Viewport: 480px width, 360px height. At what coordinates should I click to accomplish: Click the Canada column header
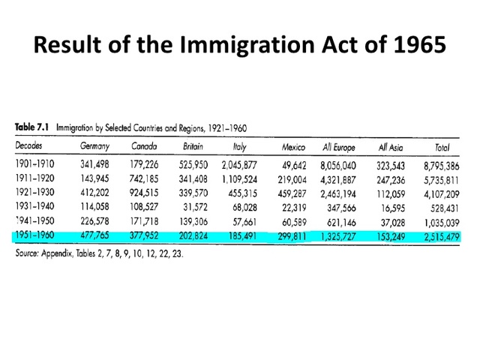pos(144,146)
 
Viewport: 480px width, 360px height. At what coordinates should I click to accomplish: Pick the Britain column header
pos(193,146)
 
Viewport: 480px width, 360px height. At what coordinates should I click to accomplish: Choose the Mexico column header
pos(293,146)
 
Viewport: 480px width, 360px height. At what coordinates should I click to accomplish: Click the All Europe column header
pos(340,146)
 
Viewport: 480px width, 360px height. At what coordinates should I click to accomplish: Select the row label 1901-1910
pos(36,163)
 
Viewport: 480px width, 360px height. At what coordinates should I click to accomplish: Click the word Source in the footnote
pos(29,253)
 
